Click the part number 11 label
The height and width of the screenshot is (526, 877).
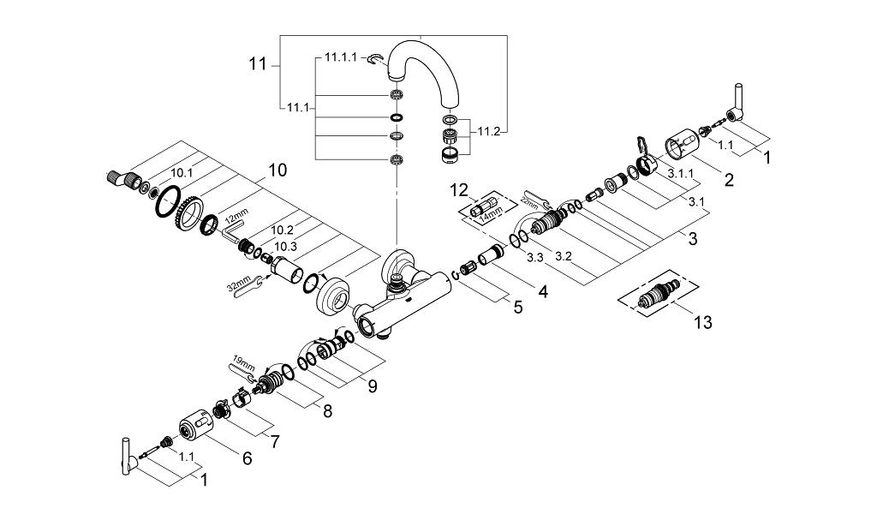pos(258,64)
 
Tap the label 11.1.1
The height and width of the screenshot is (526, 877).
pos(340,57)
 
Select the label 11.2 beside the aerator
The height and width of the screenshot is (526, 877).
pos(488,132)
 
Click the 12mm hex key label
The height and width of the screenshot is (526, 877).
pos(238,216)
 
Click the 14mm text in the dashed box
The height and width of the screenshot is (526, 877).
pos(492,212)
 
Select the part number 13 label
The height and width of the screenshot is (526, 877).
pos(703,322)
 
